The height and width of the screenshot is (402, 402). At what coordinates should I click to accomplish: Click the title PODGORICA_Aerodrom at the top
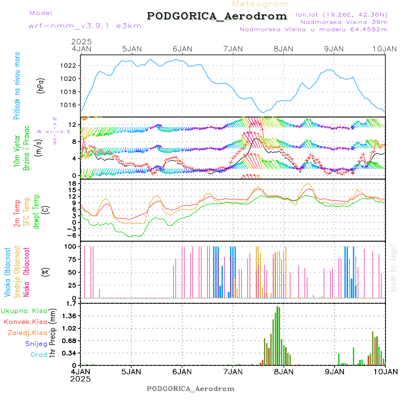pos(217,16)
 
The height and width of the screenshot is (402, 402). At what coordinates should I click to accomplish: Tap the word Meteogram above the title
pos(260,4)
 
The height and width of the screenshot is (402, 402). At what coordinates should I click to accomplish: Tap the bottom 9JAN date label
pos(335,371)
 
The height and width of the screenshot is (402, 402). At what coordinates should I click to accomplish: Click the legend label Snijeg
pos(36,343)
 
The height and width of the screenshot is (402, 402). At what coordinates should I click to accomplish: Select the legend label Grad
pos(38,355)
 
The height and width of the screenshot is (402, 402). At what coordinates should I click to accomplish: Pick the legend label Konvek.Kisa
pos(25,322)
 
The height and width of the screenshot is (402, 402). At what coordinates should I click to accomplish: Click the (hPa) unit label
pos(40,85)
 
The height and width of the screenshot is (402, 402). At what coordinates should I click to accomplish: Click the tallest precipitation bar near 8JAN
pos(277,335)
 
